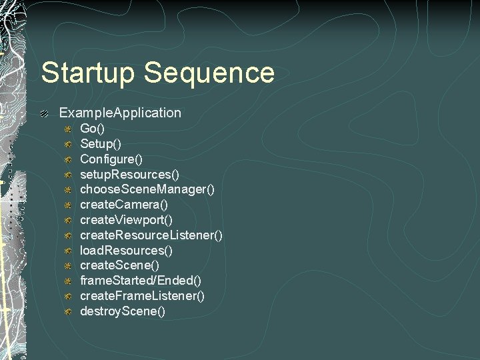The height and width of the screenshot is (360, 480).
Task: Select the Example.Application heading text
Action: click(120, 113)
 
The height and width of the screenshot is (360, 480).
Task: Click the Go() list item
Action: click(93, 128)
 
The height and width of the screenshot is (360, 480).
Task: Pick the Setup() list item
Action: click(101, 143)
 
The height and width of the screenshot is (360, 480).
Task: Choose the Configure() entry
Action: click(111, 159)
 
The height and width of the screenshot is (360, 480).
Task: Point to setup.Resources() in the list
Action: click(129, 174)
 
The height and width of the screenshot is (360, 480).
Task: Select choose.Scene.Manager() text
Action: click(147, 189)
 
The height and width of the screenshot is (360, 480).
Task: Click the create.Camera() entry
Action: click(124, 205)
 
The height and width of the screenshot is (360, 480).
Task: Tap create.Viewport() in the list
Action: click(127, 219)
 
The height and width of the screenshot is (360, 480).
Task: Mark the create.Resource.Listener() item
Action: click(151, 235)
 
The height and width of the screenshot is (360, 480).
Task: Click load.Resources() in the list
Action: click(127, 250)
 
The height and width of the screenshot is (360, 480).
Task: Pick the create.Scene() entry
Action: click(119, 265)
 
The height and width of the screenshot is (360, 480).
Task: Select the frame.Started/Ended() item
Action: click(141, 281)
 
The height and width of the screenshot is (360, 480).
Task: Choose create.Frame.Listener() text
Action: click(142, 296)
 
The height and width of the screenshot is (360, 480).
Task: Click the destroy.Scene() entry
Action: click(123, 311)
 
